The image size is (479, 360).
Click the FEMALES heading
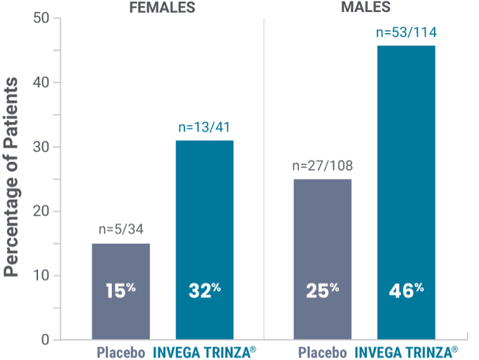(x=162, y=8)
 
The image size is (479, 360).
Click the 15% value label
(x=120, y=290)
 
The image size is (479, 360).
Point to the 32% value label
(x=204, y=290)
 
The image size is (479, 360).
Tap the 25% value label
(x=322, y=290)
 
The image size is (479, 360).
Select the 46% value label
(x=406, y=290)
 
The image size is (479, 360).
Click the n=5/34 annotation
(x=121, y=230)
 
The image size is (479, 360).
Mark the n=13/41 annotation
(x=204, y=128)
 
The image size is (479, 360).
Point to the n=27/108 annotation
(x=323, y=166)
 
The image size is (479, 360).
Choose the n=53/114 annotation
(x=406, y=32)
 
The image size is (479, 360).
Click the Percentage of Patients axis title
(x=13, y=179)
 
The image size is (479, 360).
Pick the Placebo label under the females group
(x=120, y=352)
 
